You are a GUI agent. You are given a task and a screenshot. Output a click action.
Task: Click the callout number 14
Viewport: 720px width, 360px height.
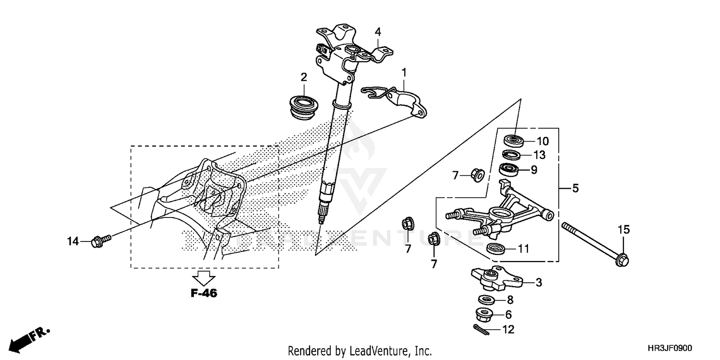pyautogui.click(x=72, y=242)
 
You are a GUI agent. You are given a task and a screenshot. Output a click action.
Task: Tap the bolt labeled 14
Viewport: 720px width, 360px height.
pyautogui.click(x=99, y=239)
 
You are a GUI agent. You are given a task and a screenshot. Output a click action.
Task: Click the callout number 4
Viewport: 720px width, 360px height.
pyautogui.click(x=378, y=32)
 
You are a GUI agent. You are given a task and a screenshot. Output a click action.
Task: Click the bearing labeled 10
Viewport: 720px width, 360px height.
pyautogui.click(x=513, y=141)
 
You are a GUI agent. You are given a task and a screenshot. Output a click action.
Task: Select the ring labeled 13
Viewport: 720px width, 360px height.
pyautogui.click(x=512, y=155)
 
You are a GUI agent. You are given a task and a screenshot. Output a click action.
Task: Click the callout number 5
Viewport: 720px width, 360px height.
pyautogui.click(x=576, y=188)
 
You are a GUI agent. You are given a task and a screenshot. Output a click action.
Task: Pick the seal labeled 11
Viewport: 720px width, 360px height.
pyautogui.click(x=495, y=249)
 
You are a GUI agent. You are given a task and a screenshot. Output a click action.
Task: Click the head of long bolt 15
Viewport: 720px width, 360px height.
pyautogui.click(x=622, y=260)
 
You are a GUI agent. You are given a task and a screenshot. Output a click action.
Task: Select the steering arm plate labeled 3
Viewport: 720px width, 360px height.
pyautogui.click(x=494, y=278)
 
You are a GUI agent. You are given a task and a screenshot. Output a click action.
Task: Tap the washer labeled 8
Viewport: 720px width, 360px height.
pyautogui.click(x=487, y=300)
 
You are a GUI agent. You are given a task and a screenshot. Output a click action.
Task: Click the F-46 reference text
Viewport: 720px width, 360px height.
pyautogui.click(x=204, y=293)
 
